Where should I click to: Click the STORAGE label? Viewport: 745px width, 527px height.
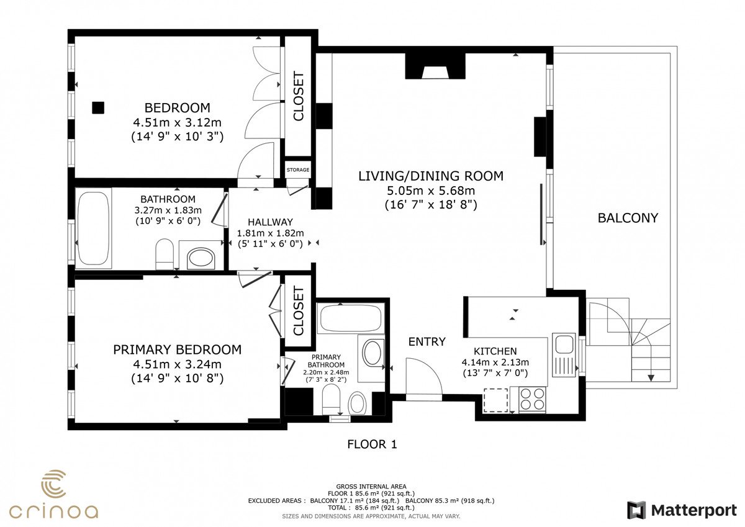pyautogui.click(x=298, y=169)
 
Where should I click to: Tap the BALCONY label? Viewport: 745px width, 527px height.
pyautogui.click(x=628, y=218)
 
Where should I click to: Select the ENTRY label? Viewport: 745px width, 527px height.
pyautogui.click(x=427, y=341)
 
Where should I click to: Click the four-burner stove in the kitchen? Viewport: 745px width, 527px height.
pyautogui.click(x=532, y=399)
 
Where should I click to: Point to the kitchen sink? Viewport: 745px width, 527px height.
pyautogui.click(x=564, y=354)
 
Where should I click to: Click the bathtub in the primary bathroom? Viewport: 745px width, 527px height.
pyautogui.click(x=351, y=318)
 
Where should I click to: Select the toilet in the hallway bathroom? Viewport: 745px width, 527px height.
pyautogui.click(x=165, y=254)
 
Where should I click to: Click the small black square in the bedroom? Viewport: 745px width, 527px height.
pyautogui.click(x=98, y=108)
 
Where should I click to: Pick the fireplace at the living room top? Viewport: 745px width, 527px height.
pyautogui.click(x=435, y=66)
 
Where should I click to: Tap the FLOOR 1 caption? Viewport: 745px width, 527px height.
pyautogui.click(x=372, y=444)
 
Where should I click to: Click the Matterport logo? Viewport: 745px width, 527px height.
pyautogui.click(x=682, y=510)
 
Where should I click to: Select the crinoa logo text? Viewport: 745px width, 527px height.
pyautogui.click(x=53, y=511)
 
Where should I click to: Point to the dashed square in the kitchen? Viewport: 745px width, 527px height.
pyautogui.click(x=495, y=400)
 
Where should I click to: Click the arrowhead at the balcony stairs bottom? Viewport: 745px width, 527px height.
pyautogui.click(x=651, y=377)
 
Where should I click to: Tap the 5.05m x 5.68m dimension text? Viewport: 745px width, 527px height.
pyautogui.click(x=431, y=191)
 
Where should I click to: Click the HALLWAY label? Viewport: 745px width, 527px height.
pyautogui.click(x=271, y=222)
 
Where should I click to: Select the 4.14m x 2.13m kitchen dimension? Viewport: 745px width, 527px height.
pyautogui.click(x=495, y=362)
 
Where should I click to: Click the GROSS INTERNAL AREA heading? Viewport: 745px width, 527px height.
pyautogui.click(x=371, y=487)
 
